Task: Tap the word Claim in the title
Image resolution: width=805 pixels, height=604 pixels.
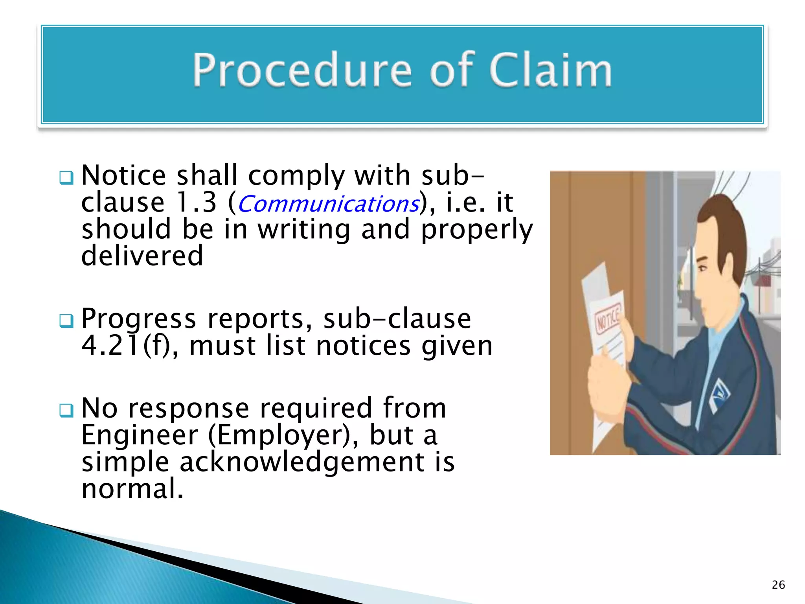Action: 550,71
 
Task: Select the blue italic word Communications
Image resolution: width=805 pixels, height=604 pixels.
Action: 328,204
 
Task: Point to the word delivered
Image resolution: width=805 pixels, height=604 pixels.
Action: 142,256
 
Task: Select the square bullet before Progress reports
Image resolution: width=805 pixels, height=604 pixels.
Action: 66,321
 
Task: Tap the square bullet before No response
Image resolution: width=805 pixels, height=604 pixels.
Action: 66,411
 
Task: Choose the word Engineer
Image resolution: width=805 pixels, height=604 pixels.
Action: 140,435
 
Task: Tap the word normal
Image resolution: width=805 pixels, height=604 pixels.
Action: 132,489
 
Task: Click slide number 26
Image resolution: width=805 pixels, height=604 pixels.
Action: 778,585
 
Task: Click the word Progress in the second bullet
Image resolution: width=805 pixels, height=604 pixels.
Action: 138,319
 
